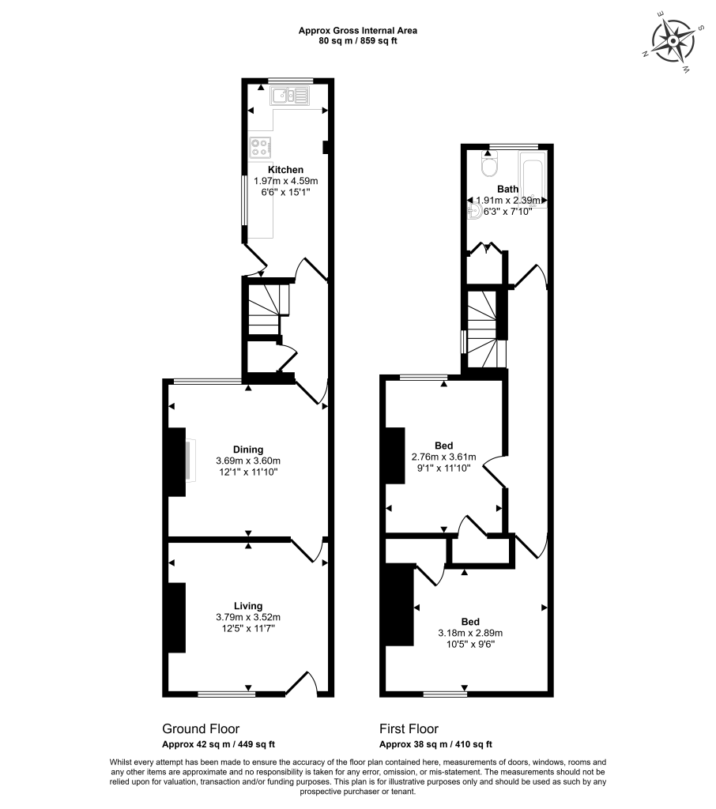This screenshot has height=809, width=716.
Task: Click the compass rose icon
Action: coord(673,41)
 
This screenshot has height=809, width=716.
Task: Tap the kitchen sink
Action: coord(289,96)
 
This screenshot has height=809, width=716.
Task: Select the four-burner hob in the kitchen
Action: coord(260,148)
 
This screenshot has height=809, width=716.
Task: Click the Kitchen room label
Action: coord(285,170)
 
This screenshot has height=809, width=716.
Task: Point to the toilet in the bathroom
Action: coord(488,164)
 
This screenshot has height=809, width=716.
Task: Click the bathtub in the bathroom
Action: coord(532,179)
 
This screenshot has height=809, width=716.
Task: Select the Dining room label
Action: coord(248,450)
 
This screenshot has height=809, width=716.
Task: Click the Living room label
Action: coord(248,606)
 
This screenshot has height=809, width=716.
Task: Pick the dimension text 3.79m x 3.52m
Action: coord(248,617)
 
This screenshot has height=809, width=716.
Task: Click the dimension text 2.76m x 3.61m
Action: coord(443,457)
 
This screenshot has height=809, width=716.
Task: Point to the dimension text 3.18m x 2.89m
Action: coord(470,633)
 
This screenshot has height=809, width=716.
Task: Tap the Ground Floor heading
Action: coord(201,728)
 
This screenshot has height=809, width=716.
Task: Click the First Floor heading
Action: coord(409,728)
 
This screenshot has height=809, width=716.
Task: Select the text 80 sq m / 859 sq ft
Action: coord(358,41)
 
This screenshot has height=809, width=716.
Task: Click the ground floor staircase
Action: coord(266,309)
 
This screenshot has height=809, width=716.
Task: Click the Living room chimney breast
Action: coord(176,618)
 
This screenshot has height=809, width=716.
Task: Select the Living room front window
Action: coord(227,694)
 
